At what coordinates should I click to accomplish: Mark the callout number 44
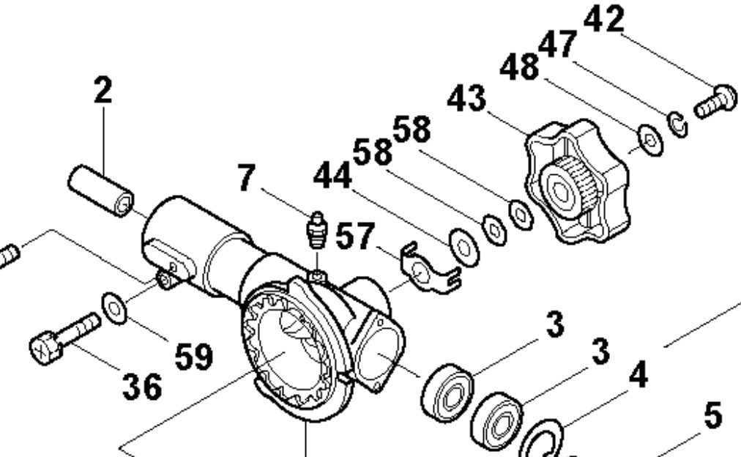pos(333,176)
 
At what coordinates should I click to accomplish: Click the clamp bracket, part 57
pos(428,270)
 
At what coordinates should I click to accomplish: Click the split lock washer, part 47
pos(677,125)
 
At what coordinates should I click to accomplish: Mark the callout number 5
pos(712,416)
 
